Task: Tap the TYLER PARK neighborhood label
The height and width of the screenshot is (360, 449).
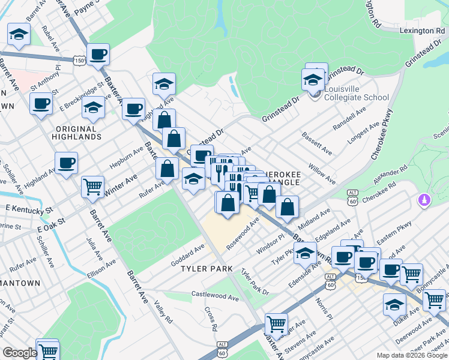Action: pyautogui.click(x=206, y=269)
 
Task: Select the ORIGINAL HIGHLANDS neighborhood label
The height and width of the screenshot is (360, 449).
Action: pyautogui.click(x=76, y=133)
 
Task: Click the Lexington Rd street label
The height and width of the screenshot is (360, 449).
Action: pyautogui.click(x=423, y=31)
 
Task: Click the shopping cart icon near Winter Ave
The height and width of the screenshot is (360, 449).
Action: pyautogui.click(x=93, y=187)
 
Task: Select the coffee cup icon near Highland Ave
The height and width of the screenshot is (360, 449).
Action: pyautogui.click(x=66, y=162)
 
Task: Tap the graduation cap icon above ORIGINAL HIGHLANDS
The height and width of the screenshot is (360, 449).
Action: pyautogui.click(x=93, y=108)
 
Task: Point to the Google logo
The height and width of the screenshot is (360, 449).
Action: pyautogui.click(x=20, y=353)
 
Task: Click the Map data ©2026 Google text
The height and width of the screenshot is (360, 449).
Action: pyautogui.click(x=411, y=355)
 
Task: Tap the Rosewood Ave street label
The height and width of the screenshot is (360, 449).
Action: pyautogui.click(x=243, y=234)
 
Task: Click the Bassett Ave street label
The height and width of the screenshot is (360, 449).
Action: pyautogui.click(x=317, y=143)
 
